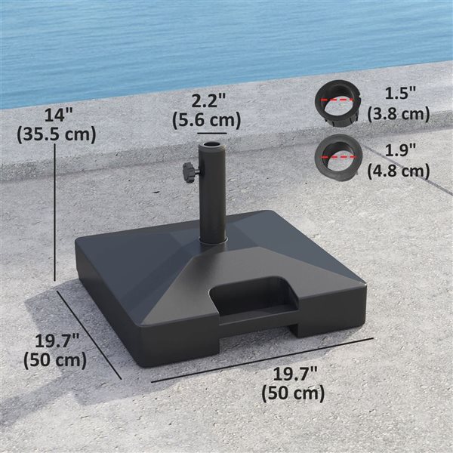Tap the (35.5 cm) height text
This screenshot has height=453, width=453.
[56, 134]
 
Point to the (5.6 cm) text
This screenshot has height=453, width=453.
[206, 119]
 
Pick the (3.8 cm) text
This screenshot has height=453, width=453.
[398, 114]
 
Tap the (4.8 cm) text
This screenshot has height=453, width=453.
[398, 171]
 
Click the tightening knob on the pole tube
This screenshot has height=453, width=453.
[189, 174]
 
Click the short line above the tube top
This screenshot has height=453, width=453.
[211, 131]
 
